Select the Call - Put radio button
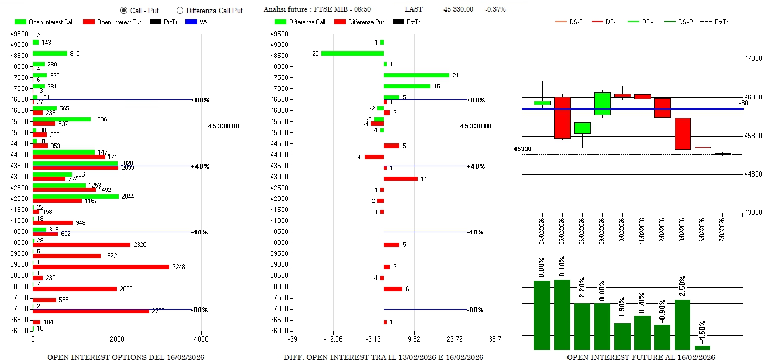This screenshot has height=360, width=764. click(124, 10)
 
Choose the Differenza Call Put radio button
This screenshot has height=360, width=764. click(180, 10)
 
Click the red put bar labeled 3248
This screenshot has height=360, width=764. click(101, 267)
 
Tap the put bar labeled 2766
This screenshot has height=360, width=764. click(91, 311)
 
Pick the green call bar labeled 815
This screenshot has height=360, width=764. click(50, 53)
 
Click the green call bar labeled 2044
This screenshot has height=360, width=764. click(76, 197)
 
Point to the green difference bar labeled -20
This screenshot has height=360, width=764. click(352, 53)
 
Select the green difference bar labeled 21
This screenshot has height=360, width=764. click(416, 75)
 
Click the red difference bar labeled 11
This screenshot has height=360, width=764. click(400, 179)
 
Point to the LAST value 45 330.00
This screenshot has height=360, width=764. click(458, 9)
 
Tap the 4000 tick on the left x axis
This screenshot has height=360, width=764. click(201, 340)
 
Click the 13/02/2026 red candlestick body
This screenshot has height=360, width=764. click(683, 133)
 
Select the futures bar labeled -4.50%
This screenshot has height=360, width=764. click(703, 347)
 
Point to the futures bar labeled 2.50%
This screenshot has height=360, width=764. click(683, 324)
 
